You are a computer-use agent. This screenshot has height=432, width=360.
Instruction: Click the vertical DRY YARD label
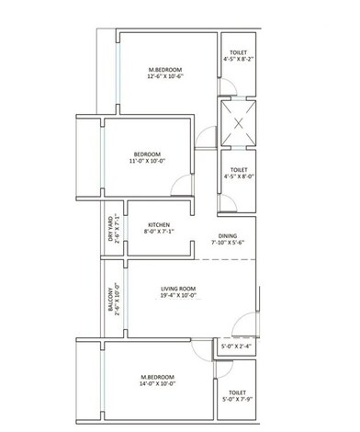[109, 224]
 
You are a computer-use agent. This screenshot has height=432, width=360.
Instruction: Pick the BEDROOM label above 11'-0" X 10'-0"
[147, 153]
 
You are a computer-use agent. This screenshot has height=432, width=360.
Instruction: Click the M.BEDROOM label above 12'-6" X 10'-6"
[167, 70]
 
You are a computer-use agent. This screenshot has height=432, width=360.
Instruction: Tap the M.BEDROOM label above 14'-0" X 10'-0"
[158, 377]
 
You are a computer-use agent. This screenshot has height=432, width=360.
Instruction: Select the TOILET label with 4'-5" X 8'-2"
[237, 55]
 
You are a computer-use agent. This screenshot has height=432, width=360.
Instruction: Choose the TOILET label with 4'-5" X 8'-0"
[237, 169]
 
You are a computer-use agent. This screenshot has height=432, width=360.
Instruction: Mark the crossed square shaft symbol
[237, 120]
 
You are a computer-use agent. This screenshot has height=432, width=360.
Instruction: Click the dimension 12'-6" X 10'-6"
[167, 79]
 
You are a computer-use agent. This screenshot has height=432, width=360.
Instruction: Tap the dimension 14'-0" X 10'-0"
[158, 386]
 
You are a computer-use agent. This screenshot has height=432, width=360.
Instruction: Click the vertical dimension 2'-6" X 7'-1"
[117, 224]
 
